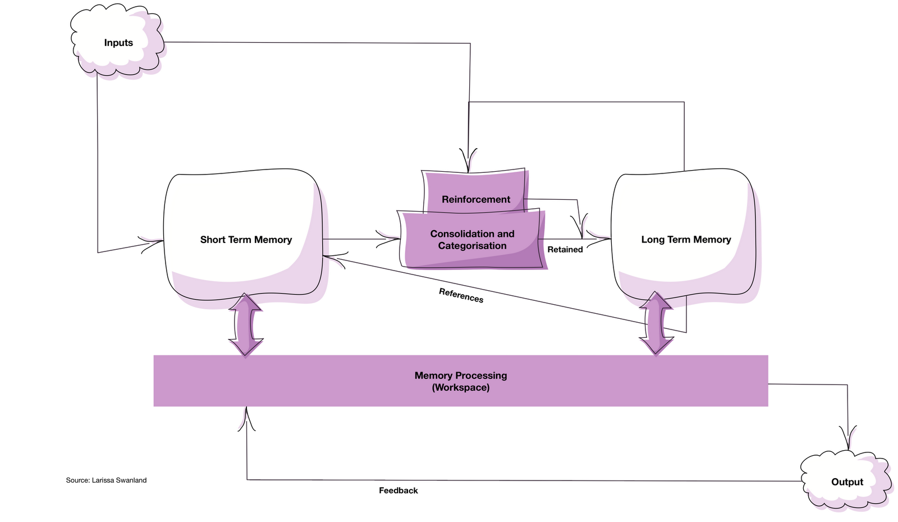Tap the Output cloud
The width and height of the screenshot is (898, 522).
(x=847, y=480)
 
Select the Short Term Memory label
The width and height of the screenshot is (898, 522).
(x=246, y=240)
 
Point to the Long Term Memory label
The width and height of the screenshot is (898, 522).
(x=686, y=240)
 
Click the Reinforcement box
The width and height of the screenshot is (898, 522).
(x=475, y=193)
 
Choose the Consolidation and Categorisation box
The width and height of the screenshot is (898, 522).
(x=472, y=240)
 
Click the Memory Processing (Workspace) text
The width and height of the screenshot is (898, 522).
(x=461, y=381)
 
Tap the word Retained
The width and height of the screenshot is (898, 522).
(x=565, y=249)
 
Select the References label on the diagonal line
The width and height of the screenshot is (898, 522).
(x=461, y=295)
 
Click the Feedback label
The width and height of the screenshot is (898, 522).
(x=398, y=491)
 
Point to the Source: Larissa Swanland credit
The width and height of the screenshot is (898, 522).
(x=106, y=480)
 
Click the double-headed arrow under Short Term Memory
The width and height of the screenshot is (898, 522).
(x=246, y=325)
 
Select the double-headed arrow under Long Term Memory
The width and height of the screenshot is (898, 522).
(x=656, y=323)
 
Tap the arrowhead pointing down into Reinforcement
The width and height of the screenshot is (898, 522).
(x=468, y=161)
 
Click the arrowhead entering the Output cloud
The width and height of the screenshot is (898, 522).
(x=848, y=438)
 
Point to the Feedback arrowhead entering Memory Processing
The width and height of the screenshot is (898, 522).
(x=246, y=419)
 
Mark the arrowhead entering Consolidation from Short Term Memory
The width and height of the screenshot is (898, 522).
(x=388, y=239)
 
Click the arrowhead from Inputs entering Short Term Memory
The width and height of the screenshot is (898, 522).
(x=151, y=244)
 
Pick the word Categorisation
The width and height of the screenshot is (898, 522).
(x=472, y=245)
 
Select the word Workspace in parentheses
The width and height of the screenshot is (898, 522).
(x=461, y=387)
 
